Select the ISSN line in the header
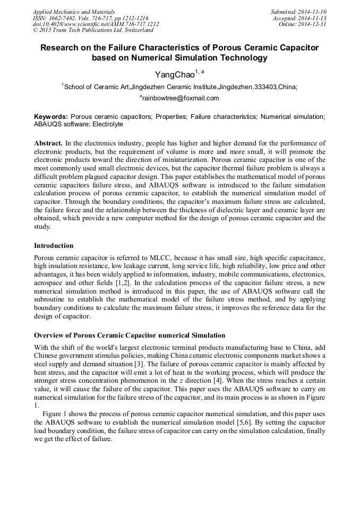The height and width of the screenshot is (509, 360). (x=91, y=18)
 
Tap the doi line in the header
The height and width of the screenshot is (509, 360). (x=96, y=24)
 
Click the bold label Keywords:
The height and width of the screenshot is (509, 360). (x=51, y=116)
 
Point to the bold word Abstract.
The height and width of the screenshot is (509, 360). (x=48, y=144)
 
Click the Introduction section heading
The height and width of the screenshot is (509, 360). (x=54, y=246)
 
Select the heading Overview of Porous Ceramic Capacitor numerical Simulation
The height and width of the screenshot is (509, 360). (x=130, y=335)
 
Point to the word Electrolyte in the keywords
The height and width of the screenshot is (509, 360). (x=108, y=124)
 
